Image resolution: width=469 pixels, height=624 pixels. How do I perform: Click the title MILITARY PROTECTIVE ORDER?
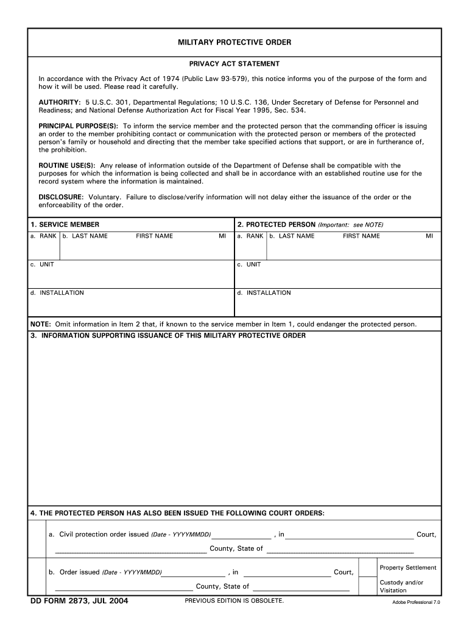[x=234, y=42]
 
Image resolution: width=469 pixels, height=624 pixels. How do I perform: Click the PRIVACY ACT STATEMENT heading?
[x=234, y=63]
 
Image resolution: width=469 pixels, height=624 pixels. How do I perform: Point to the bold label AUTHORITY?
[x=60, y=102]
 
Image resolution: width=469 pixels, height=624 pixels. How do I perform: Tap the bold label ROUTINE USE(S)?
[x=67, y=166]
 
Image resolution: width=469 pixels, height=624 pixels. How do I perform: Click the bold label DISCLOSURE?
[x=61, y=197]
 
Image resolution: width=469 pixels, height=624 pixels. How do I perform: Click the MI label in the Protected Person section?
[x=429, y=236]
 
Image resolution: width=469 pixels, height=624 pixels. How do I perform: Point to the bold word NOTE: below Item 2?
[x=41, y=324]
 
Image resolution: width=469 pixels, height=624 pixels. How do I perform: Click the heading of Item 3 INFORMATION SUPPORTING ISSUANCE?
[x=168, y=336]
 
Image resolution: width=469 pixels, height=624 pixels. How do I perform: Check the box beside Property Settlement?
[x=367, y=567]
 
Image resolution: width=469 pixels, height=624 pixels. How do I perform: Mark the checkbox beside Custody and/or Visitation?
[x=367, y=586]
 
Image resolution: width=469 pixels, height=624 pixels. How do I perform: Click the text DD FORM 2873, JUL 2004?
[x=79, y=601]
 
